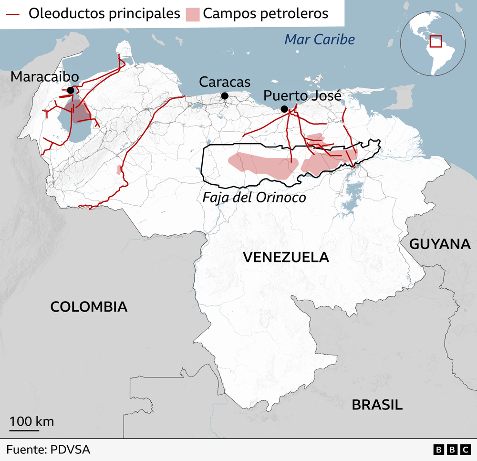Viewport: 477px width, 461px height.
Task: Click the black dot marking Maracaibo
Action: coord(71,90)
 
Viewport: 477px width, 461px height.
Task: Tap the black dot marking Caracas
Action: coord(225,96)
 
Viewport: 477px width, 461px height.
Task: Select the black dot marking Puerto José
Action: coord(284,109)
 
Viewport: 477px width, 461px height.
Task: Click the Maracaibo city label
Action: coord(45,76)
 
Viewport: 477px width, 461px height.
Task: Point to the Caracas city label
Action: coord(224,82)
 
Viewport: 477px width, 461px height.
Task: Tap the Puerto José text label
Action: coord(302,96)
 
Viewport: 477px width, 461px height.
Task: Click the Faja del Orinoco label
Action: coord(254,197)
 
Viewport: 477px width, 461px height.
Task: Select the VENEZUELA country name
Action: coord(286,257)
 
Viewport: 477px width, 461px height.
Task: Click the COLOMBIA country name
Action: coord(89,306)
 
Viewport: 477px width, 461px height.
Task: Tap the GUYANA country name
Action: coord(440,244)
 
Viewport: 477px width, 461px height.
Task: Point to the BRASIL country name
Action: coord(377,405)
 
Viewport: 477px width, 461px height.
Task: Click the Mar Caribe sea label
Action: coord(320,39)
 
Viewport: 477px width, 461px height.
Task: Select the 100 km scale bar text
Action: coord(31,421)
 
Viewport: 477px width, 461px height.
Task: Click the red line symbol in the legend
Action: coord(13,13)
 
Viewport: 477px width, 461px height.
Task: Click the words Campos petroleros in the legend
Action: coord(265,13)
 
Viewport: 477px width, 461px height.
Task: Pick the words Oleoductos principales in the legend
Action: coord(104,13)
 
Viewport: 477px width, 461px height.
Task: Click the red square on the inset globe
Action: coord(436,42)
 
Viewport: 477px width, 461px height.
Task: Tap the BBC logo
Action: coord(452,450)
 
